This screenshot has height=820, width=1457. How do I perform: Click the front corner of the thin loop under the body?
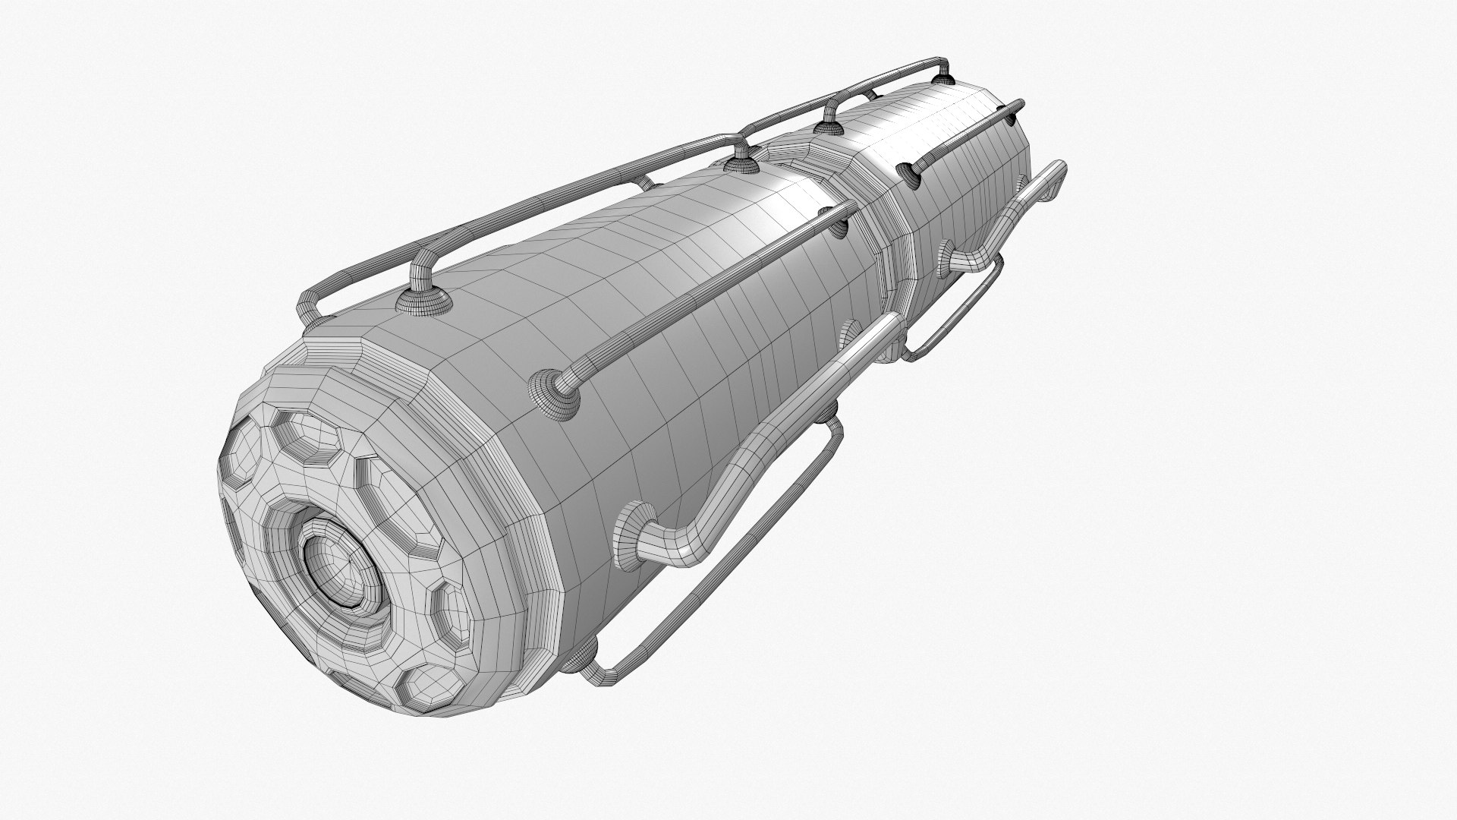coord(603,673)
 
